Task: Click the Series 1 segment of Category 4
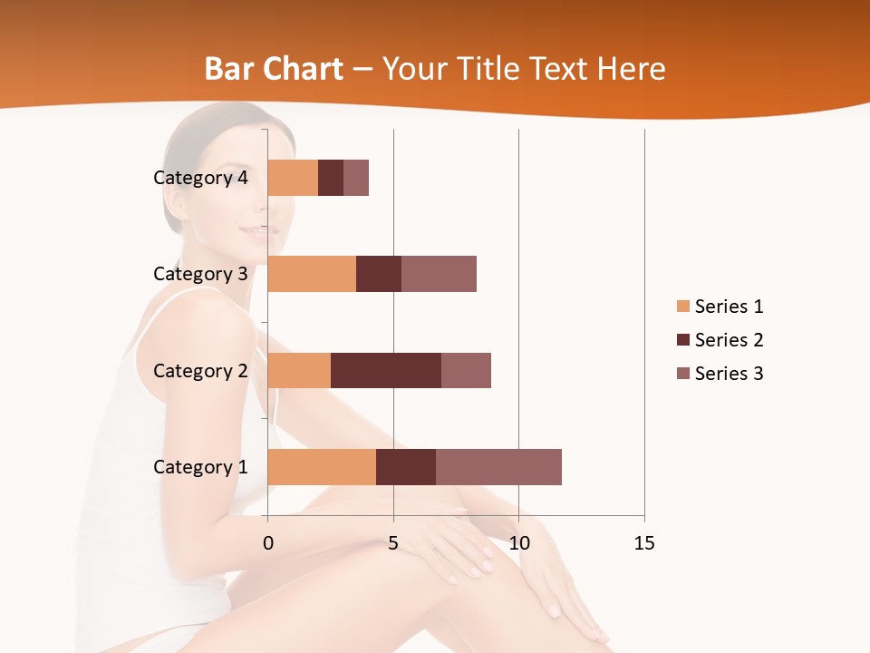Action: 293,178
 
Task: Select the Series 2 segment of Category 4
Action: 331,178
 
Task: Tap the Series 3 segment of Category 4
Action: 356,178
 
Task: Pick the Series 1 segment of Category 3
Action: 312,274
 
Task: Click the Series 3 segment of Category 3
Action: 439,274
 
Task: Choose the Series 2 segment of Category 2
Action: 386,370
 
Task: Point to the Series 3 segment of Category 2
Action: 466,370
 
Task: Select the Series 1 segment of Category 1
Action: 322,467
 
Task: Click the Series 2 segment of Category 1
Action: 406,467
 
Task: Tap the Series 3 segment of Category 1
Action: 498,467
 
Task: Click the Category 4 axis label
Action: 200,178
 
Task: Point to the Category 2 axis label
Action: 200,371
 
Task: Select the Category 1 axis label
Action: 200,467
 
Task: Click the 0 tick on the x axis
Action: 267,544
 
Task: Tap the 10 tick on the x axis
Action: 518,544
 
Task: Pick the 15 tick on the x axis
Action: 644,544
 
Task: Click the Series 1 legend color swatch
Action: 682,307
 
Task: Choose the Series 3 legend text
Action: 729,374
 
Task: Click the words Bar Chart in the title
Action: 274,69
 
